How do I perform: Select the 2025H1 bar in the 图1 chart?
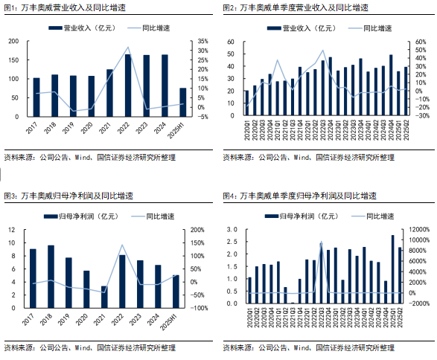(x=183, y=103)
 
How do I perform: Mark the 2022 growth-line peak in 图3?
(x=122, y=245)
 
